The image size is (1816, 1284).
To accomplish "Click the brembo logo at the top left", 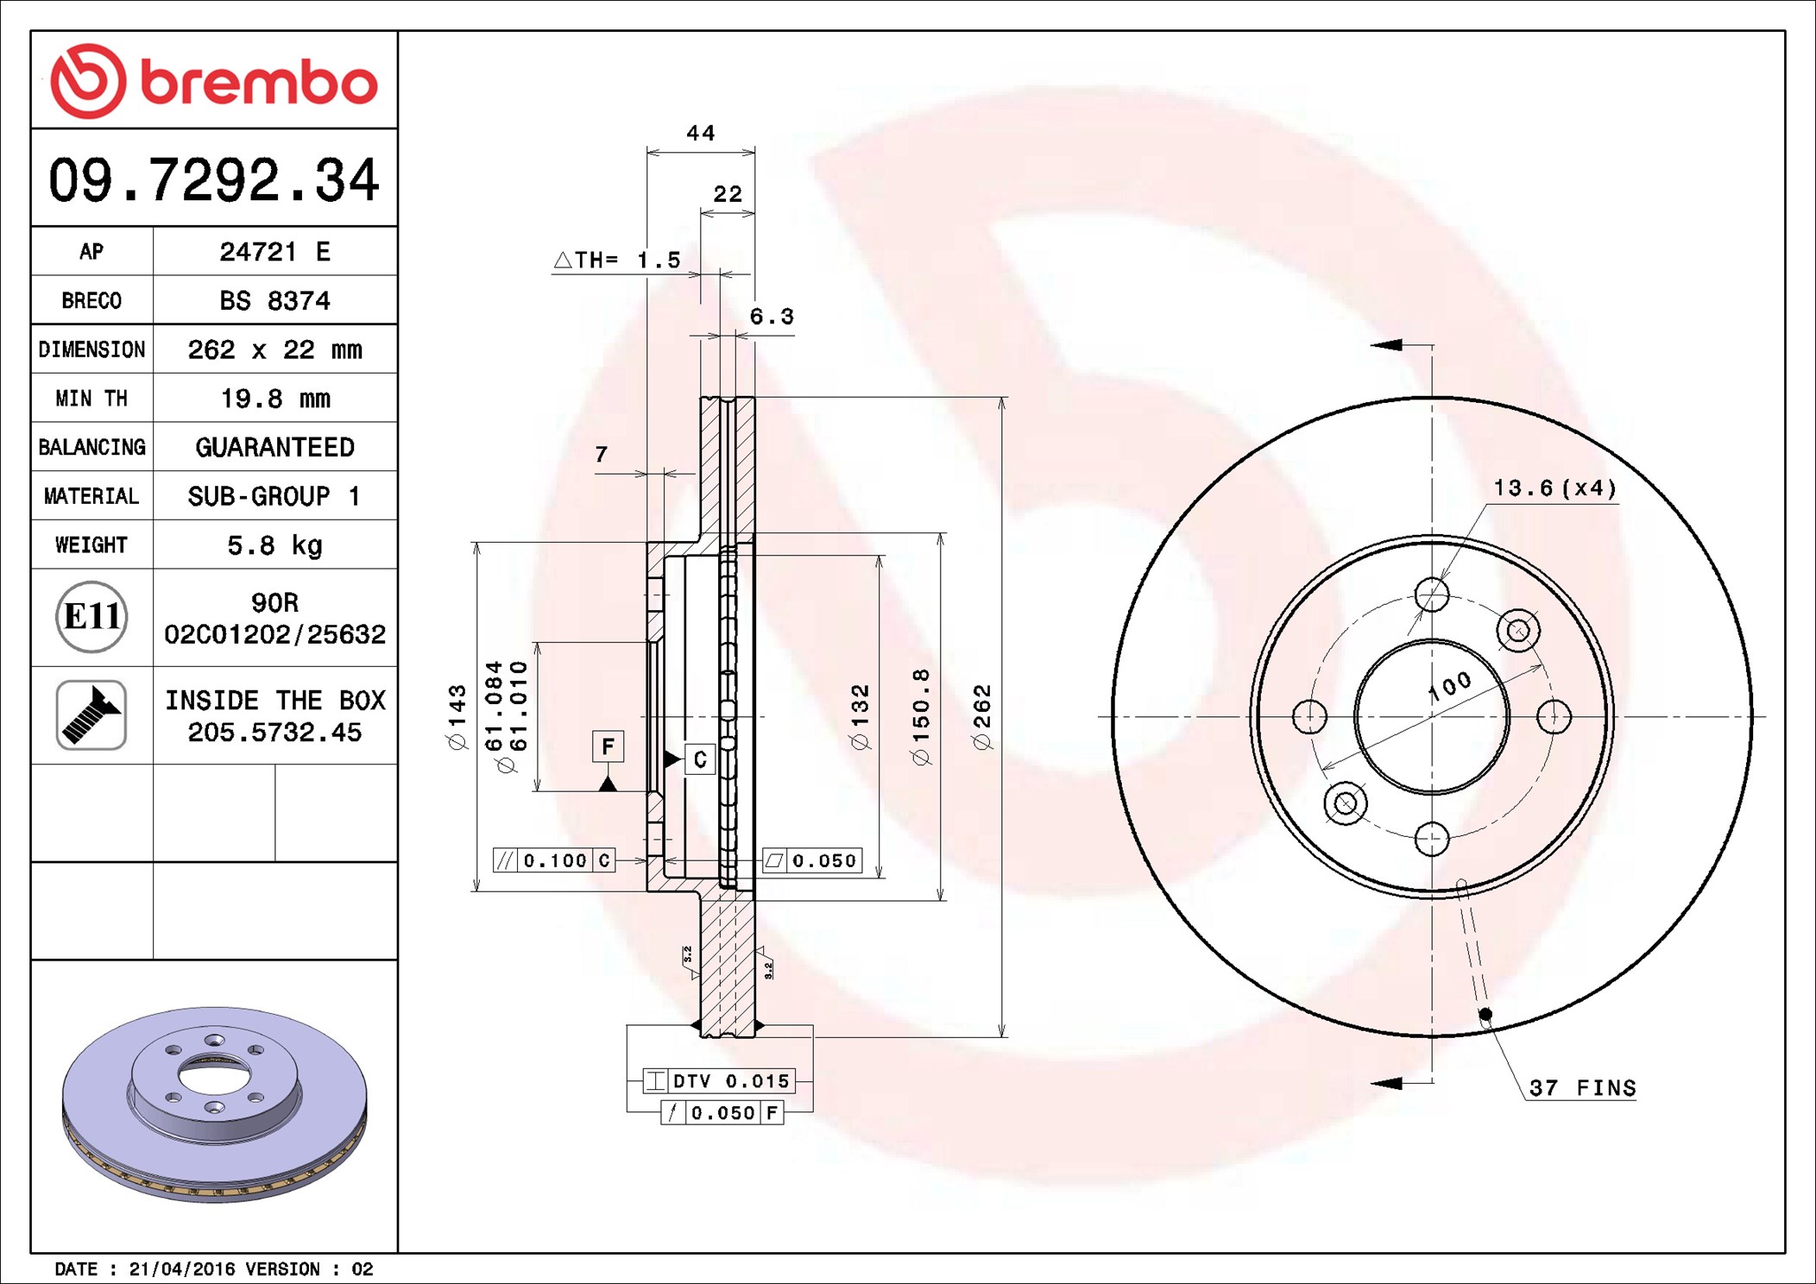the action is (214, 81).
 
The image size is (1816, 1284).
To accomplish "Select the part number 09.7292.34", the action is (214, 180).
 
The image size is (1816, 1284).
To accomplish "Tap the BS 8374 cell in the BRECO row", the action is (274, 300).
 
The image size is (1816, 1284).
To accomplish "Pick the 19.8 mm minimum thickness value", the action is (275, 399).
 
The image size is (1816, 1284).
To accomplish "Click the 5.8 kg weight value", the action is (274, 545).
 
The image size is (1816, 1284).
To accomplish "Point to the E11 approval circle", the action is (91, 617).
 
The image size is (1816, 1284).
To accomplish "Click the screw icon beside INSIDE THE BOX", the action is (91, 714).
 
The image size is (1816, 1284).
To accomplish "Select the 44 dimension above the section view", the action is (700, 134).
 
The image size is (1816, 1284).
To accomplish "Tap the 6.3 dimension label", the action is (771, 317).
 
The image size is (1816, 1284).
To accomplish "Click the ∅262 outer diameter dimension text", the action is (983, 716).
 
